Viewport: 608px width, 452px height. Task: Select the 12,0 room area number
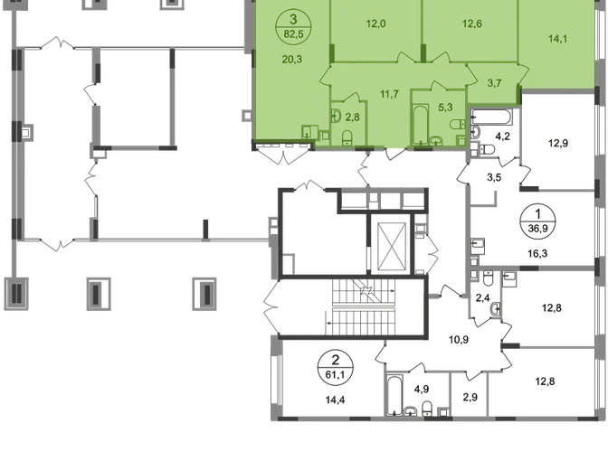[x=375, y=26]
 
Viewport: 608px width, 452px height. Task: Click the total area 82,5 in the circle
[x=293, y=34]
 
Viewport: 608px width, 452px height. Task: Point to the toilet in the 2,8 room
[x=347, y=137]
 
